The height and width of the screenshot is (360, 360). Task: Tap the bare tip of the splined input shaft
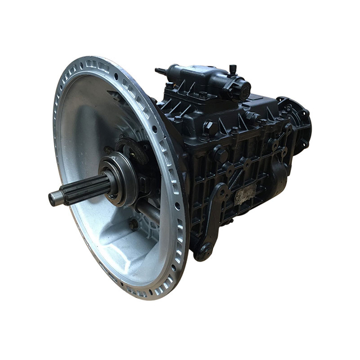click(x=55, y=198)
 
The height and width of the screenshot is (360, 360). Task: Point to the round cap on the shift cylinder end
click(x=244, y=89)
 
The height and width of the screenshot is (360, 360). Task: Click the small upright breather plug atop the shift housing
click(x=232, y=70)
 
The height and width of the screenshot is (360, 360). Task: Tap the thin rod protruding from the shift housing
click(x=160, y=71)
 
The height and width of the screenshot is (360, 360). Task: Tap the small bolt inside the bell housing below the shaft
click(x=133, y=223)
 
